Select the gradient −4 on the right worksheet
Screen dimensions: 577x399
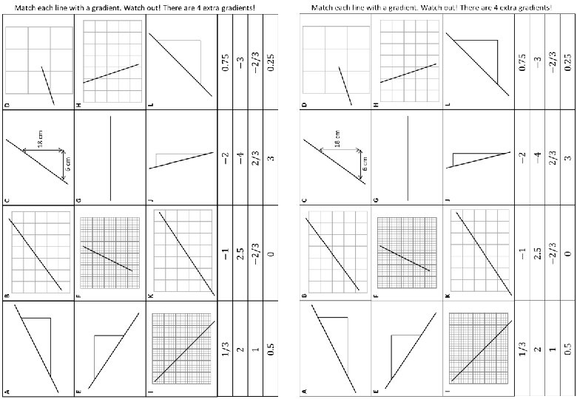(x=539, y=157)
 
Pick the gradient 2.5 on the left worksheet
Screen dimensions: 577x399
(x=240, y=253)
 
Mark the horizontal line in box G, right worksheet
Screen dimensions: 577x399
(x=408, y=157)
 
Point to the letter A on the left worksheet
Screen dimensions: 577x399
(x=7, y=391)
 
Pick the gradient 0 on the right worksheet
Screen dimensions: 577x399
(x=568, y=253)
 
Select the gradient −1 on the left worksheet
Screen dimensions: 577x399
(x=226, y=253)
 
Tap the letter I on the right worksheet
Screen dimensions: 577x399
(x=448, y=391)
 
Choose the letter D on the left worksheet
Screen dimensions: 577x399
(x=7, y=105)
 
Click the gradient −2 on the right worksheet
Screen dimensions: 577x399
(x=523, y=157)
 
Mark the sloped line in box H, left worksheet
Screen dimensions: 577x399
(x=111, y=73)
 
